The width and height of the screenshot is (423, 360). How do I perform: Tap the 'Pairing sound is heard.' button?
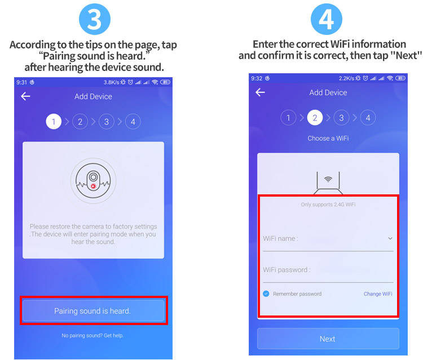point(93,310)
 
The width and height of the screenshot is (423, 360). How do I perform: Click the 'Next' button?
point(328,339)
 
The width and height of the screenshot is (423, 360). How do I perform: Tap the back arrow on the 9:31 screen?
point(25,96)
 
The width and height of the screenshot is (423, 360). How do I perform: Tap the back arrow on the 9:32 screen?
point(260,92)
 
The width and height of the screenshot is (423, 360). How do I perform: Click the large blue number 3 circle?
point(95,19)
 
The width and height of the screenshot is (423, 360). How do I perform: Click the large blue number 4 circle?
point(327,19)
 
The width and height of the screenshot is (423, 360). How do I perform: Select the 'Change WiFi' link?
point(378,294)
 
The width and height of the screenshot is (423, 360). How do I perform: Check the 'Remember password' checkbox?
point(266,294)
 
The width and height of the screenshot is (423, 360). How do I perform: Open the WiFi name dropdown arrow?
point(390,238)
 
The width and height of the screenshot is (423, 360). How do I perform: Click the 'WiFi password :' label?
point(287,270)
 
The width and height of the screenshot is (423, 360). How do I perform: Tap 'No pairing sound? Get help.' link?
point(92,335)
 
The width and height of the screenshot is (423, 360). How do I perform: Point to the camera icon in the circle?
point(93,180)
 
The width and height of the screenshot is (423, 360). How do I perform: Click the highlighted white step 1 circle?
point(54,122)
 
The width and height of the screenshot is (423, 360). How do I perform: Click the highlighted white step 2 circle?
point(315,118)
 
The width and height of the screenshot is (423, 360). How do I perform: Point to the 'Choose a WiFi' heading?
point(328,138)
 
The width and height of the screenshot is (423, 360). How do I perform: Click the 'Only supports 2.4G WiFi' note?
point(328,205)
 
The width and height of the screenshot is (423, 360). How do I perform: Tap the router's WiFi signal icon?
point(328,179)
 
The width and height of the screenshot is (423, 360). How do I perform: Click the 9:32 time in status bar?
point(257,78)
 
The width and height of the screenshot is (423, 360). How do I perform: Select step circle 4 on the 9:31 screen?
point(133,122)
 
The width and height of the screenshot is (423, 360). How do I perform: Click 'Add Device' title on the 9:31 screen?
point(93,96)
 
